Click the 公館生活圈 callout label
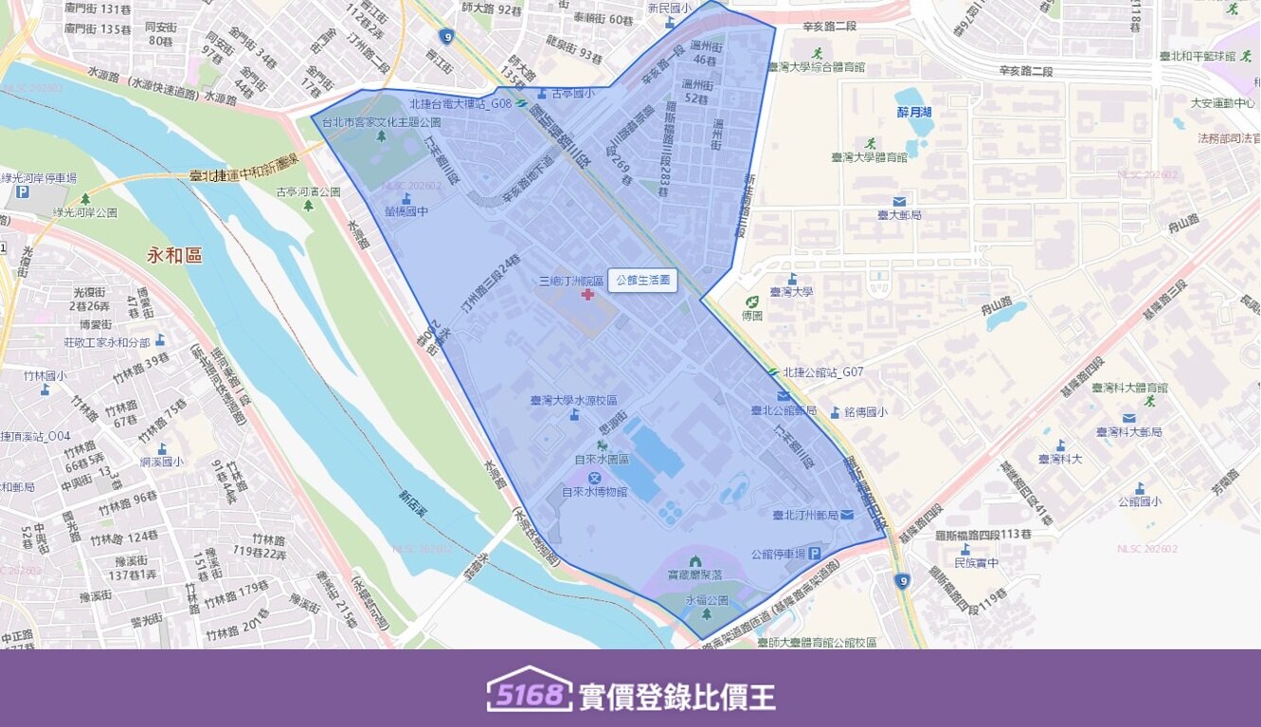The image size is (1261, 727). tap(642, 281)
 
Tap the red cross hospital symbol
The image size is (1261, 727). tap(587, 296)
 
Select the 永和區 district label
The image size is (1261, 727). tap(175, 256)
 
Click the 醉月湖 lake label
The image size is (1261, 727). tap(914, 112)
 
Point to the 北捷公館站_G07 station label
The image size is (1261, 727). tap(823, 373)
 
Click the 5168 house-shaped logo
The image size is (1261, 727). tap(529, 695)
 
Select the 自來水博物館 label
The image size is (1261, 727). tap(594, 492)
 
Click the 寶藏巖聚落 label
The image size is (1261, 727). tap(695, 574)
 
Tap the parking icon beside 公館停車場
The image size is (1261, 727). tap(813, 554)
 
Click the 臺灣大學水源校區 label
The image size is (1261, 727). tap(574, 401)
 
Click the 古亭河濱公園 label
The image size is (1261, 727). tap(308, 191)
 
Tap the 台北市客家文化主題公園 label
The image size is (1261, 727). tap(382, 122)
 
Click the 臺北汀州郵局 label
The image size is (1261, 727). tap(804, 516)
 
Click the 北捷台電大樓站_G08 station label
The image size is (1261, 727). tap(459, 104)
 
